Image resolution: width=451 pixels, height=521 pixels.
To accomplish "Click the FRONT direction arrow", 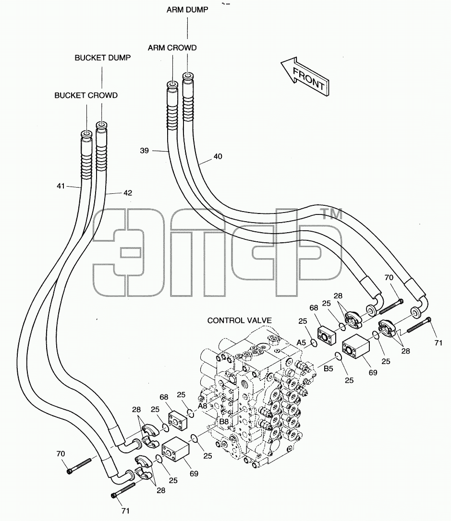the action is pos(305,76).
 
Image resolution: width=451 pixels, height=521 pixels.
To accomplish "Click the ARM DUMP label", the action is pos(187,10).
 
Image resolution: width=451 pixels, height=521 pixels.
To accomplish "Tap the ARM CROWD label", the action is pos(172,48).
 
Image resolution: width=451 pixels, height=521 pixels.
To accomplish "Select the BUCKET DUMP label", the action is pos(102,58).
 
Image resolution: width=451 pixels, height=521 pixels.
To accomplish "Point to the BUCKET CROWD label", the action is pos(86,95).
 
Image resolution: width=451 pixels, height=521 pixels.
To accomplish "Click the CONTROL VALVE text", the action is pos(240,320).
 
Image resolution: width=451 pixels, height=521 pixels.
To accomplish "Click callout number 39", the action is pos(145,151).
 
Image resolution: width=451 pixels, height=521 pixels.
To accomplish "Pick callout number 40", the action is pos(218,156).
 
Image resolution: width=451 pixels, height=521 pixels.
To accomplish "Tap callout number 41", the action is pos(61,186).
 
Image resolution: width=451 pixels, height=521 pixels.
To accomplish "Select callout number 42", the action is pos(128,193).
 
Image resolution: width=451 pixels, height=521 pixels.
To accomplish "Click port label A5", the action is pos(301,343).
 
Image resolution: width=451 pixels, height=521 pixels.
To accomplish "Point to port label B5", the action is pos(329,368).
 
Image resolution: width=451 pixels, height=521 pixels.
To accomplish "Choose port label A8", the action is pos(203,406).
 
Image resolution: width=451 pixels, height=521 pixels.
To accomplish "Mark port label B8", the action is pos(224,422).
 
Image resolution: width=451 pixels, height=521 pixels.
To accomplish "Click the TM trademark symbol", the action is pos(330,214).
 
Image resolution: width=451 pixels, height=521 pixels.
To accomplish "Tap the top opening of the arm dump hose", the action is pos(188,76).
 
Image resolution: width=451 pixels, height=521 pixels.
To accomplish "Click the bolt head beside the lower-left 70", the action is pos(70,471).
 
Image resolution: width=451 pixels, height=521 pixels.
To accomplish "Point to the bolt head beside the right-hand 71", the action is pos(428,320).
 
